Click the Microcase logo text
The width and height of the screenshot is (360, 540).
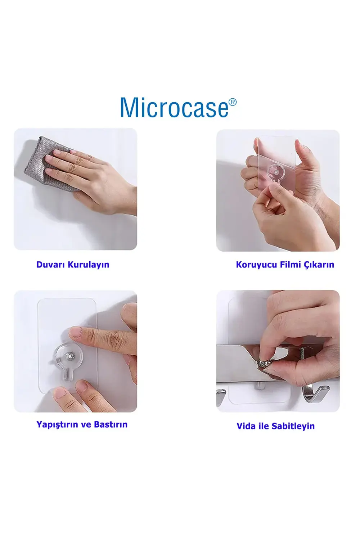[174, 108]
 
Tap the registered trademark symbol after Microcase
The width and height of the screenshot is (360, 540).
[232, 102]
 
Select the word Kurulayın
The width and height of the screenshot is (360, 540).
[89, 265]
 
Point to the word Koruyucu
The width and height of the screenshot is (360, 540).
[256, 265]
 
